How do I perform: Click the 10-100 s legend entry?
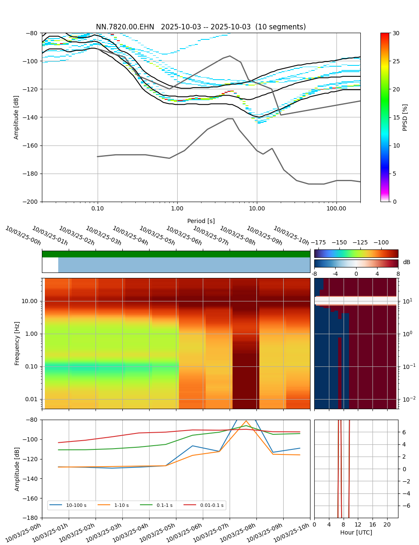click(x=76, y=506)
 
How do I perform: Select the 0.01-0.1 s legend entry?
click(x=212, y=506)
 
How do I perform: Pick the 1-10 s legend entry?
click(x=122, y=506)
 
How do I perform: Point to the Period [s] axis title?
click(x=201, y=221)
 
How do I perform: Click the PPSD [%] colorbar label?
click(x=405, y=117)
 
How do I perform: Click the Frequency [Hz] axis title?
click(x=17, y=343)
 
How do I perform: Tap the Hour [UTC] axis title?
click(x=356, y=532)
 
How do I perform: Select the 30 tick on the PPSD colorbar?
click(x=396, y=33)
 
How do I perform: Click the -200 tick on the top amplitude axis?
click(x=31, y=202)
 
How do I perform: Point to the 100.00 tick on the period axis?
click(x=336, y=208)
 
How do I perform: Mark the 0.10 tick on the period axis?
click(x=98, y=208)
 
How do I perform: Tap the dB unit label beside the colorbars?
click(x=406, y=262)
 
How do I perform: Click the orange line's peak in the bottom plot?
click(x=246, y=421)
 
